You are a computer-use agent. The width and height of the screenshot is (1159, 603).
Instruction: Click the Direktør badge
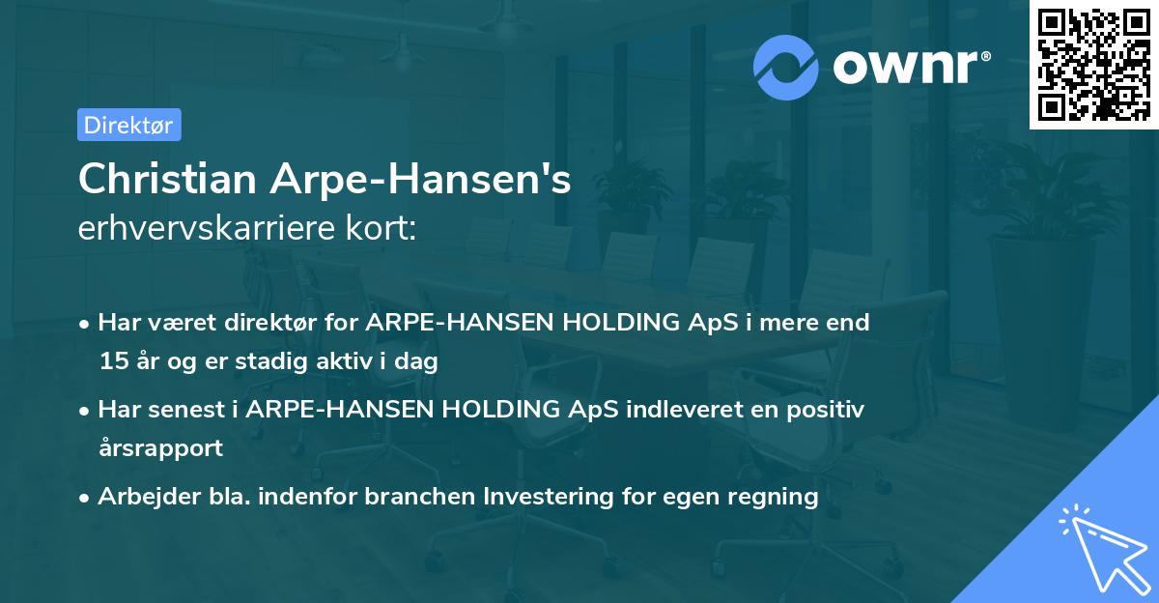pos(128,125)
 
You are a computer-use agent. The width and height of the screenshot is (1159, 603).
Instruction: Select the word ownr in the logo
pos(908,67)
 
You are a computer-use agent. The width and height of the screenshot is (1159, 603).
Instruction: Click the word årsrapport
pos(160,448)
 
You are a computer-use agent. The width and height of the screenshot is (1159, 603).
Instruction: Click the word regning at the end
pos(777,497)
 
